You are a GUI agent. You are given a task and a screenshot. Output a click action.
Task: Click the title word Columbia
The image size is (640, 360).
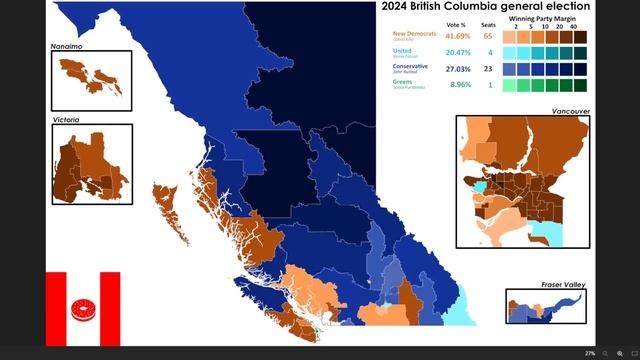(477, 7)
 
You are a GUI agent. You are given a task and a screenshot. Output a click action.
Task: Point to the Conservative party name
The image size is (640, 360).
(399, 66)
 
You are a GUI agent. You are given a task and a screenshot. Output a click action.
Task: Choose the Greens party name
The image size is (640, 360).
(391, 83)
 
